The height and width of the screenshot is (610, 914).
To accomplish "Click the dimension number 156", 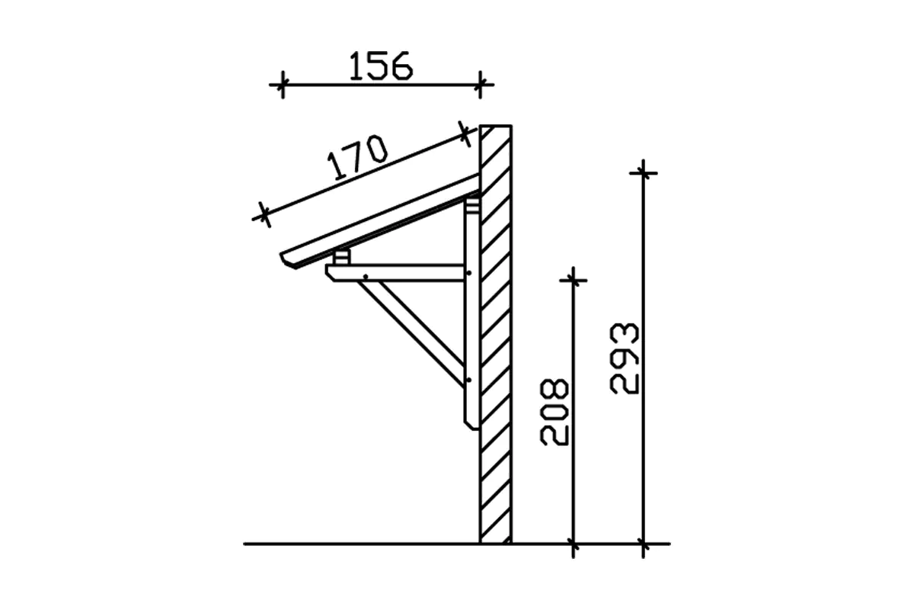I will point(381,66).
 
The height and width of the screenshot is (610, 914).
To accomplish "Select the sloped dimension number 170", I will point(357,157).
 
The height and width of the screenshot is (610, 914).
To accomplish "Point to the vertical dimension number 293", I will point(625,358).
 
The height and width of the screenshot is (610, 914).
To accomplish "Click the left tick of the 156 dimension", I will point(282,85).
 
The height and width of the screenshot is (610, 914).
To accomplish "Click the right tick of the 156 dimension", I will point(479,85).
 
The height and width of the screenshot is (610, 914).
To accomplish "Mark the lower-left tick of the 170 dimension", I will point(263,215).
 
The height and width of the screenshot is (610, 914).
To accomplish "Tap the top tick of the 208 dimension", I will point(574,280).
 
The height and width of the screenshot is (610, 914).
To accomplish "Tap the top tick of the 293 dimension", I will point(644,173).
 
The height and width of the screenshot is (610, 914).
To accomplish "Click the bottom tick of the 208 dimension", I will point(574,544).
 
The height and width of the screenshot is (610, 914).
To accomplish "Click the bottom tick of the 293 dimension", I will point(644,544).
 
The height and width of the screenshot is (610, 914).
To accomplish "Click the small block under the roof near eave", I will point(341,257).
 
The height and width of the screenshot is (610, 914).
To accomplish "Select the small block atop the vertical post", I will point(472,205).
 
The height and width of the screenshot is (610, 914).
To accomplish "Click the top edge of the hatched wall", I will point(496,126).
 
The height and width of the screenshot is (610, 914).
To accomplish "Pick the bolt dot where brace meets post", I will point(469,379).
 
